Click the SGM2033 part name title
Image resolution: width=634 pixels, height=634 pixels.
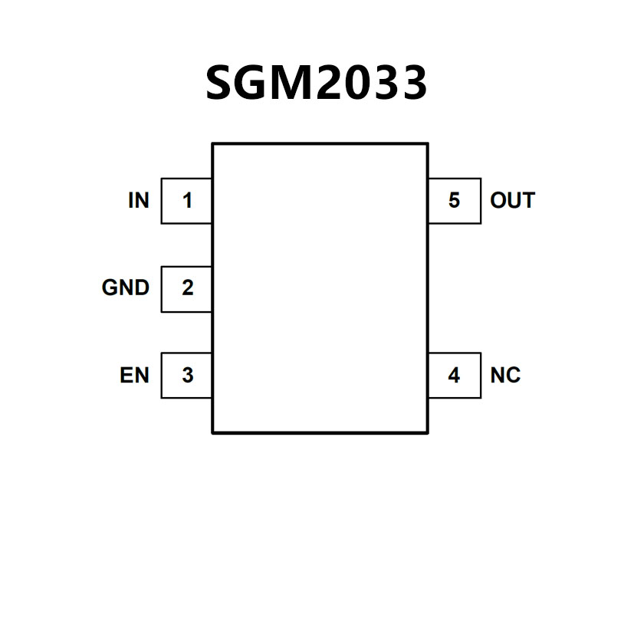316,82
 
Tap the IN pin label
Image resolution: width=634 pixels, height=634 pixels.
139,201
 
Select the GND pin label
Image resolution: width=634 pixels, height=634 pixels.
125,288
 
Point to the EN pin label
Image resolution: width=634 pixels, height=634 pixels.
134,376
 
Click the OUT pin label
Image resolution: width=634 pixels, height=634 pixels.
512,201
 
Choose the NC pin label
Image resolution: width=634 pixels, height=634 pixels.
505,376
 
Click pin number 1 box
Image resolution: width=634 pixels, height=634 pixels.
187,201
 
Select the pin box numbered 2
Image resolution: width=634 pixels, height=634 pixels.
187,288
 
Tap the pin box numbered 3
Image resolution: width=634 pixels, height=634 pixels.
187,376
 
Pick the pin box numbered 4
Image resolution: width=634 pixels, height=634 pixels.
454,376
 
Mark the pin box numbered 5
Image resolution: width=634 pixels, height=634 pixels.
454,201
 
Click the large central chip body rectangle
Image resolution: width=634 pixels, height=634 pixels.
320,288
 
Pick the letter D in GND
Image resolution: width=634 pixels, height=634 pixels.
141,288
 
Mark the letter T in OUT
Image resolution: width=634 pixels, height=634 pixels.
527,201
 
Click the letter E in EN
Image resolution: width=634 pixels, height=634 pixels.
126,376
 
